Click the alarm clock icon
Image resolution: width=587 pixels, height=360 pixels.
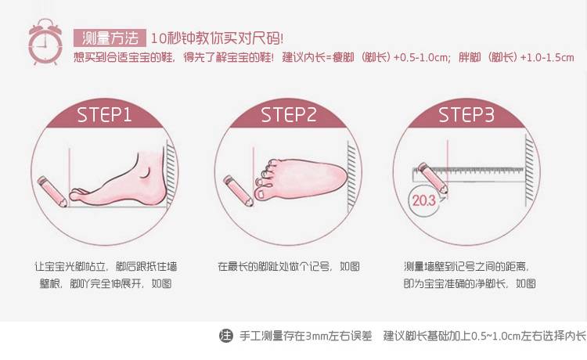pos(45,42)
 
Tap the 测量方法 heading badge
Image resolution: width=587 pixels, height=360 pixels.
pos(110,38)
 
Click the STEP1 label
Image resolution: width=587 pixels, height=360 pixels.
pos(104,114)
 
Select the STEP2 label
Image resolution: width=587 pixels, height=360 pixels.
pos(288,114)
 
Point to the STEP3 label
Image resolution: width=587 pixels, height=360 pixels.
pos(466,114)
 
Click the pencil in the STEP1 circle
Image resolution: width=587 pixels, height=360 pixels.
pos(52,191)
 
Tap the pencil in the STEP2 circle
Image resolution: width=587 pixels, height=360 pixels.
pos(238,190)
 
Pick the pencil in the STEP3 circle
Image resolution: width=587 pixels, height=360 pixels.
pos(433,178)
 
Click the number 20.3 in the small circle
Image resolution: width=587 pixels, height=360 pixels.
pos(424,200)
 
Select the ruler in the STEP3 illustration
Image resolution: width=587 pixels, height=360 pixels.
pos(468,175)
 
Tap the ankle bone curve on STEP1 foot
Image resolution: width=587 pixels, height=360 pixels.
pos(146,172)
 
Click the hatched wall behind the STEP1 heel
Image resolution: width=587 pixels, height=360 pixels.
pos(171,173)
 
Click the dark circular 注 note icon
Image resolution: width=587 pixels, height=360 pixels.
pos(225,335)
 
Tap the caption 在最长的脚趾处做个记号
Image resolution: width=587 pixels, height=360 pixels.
pos(275,266)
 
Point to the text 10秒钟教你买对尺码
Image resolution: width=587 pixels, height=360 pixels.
pos(217,38)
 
